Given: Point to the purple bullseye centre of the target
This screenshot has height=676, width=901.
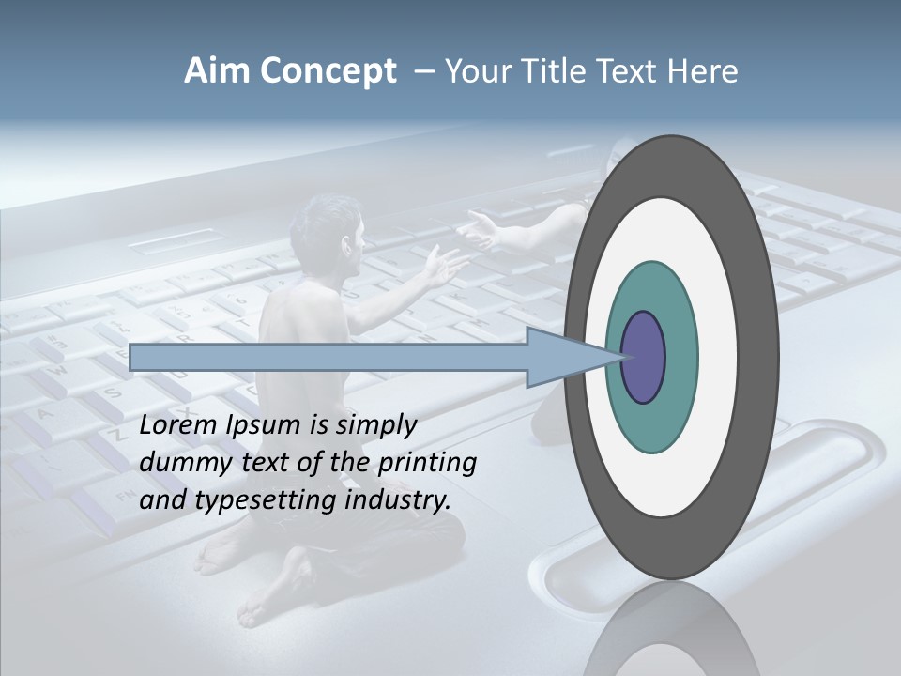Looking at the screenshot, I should (644, 358).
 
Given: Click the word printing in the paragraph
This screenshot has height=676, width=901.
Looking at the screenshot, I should (427, 464).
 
